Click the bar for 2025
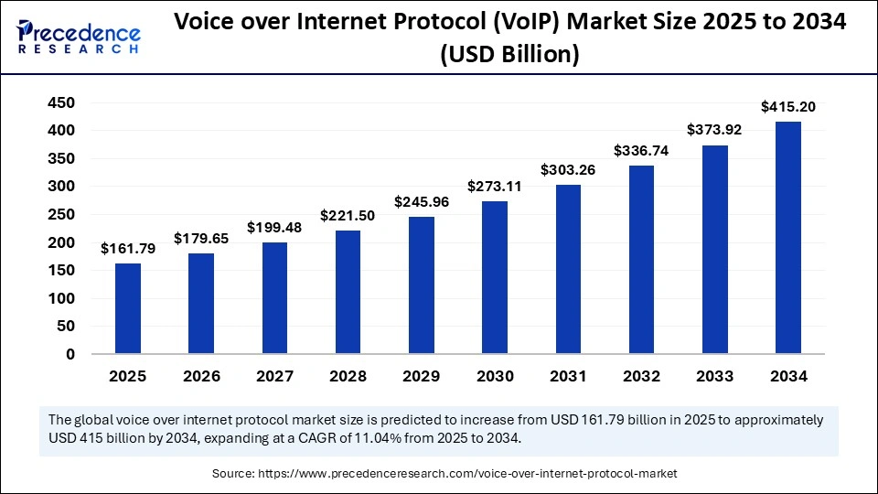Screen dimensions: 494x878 pyautogui.click(x=128, y=308)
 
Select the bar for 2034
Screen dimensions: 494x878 pyautogui.click(x=787, y=238)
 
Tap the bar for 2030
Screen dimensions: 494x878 pyautogui.click(x=494, y=277)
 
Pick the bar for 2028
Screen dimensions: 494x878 pyautogui.click(x=348, y=292)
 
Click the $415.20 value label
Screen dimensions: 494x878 pyautogui.click(x=787, y=107)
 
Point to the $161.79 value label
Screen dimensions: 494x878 pyautogui.click(x=128, y=249)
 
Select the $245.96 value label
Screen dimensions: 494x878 pyautogui.click(x=421, y=202)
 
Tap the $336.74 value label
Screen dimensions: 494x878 pyautogui.click(x=640, y=151)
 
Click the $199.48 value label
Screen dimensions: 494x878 pyautogui.click(x=274, y=228)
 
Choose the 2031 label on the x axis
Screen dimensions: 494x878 pyautogui.click(x=567, y=376)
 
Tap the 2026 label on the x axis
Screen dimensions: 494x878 pyautogui.click(x=201, y=376)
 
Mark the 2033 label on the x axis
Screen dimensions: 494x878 pyautogui.click(x=714, y=376)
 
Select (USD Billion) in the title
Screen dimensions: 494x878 pyautogui.click(x=509, y=55)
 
